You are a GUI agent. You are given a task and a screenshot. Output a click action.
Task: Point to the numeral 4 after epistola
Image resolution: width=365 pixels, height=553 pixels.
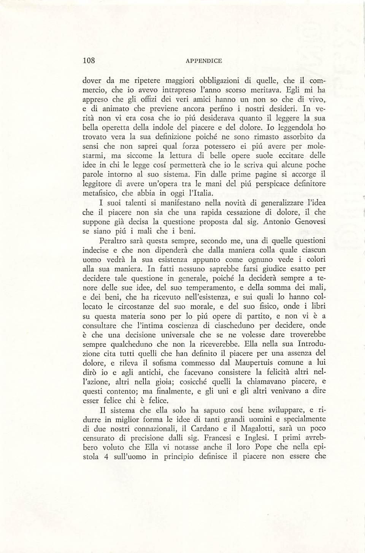click(x=107, y=457)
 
